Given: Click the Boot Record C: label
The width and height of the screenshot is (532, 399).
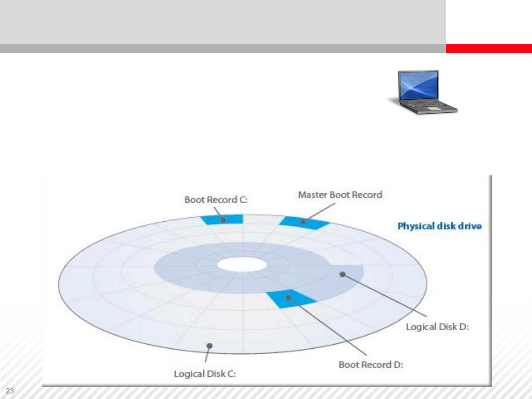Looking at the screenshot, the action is click(216, 200).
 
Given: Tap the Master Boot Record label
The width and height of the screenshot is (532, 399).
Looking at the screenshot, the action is click(340, 195).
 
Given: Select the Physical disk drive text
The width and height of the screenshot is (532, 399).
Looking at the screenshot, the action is click(439, 226).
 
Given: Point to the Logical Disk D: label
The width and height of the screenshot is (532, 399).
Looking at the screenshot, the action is click(437, 327).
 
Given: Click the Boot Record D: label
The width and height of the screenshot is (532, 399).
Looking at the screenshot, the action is click(371, 365).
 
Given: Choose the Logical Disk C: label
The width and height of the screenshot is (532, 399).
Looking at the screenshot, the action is click(205, 374).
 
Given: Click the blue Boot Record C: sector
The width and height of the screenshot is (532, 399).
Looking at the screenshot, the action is click(231, 219).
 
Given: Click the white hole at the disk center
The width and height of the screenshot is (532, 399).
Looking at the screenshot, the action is click(242, 265).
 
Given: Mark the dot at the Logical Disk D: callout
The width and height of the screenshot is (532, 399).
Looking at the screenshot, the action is click(342, 274).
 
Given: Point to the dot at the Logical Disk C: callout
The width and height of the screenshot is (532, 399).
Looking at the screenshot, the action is click(209, 346).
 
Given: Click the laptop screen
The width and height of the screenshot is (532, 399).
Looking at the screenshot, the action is click(419, 85).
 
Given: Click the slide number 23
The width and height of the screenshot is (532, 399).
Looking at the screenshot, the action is click(10, 391).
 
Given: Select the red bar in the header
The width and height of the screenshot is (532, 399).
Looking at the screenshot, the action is click(488, 49).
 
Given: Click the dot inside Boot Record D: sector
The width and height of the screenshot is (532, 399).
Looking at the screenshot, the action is click(288, 297).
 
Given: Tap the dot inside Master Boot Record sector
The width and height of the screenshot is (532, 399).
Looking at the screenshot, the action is click(303, 222).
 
